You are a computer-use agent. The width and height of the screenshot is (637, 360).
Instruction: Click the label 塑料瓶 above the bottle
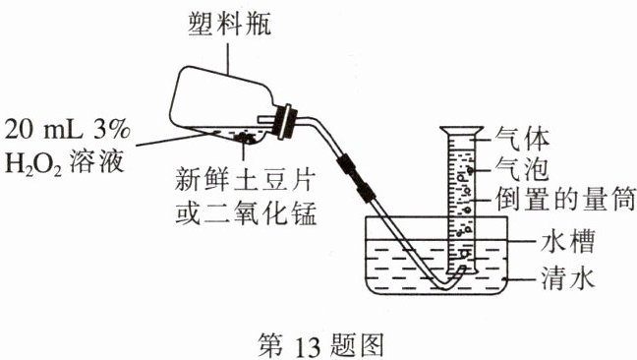click(229, 24)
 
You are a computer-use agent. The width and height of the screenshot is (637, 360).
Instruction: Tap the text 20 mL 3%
click(68, 130)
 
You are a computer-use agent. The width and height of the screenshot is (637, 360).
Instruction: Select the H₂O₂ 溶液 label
click(64, 162)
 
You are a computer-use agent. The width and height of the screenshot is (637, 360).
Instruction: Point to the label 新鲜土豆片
click(245, 179)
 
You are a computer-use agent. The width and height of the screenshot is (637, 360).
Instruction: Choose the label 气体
click(522, 139)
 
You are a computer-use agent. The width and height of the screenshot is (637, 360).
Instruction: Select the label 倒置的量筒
click(565, 199)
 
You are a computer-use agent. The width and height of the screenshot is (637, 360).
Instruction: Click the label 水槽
click(567, 241)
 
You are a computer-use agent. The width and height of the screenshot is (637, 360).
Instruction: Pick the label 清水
click(567, 278)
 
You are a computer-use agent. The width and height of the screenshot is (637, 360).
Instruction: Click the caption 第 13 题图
click(320, 345)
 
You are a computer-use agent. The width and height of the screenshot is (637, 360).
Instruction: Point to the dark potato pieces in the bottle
click(244, 138)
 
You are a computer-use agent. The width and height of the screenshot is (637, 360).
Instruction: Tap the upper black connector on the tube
click(346, 163)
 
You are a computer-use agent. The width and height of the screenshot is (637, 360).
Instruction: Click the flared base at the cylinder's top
click(462, 131)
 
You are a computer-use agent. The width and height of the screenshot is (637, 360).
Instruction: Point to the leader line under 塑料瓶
click(227, 59)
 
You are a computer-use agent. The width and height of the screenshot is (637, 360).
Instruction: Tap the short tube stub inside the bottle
click(266, 119)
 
